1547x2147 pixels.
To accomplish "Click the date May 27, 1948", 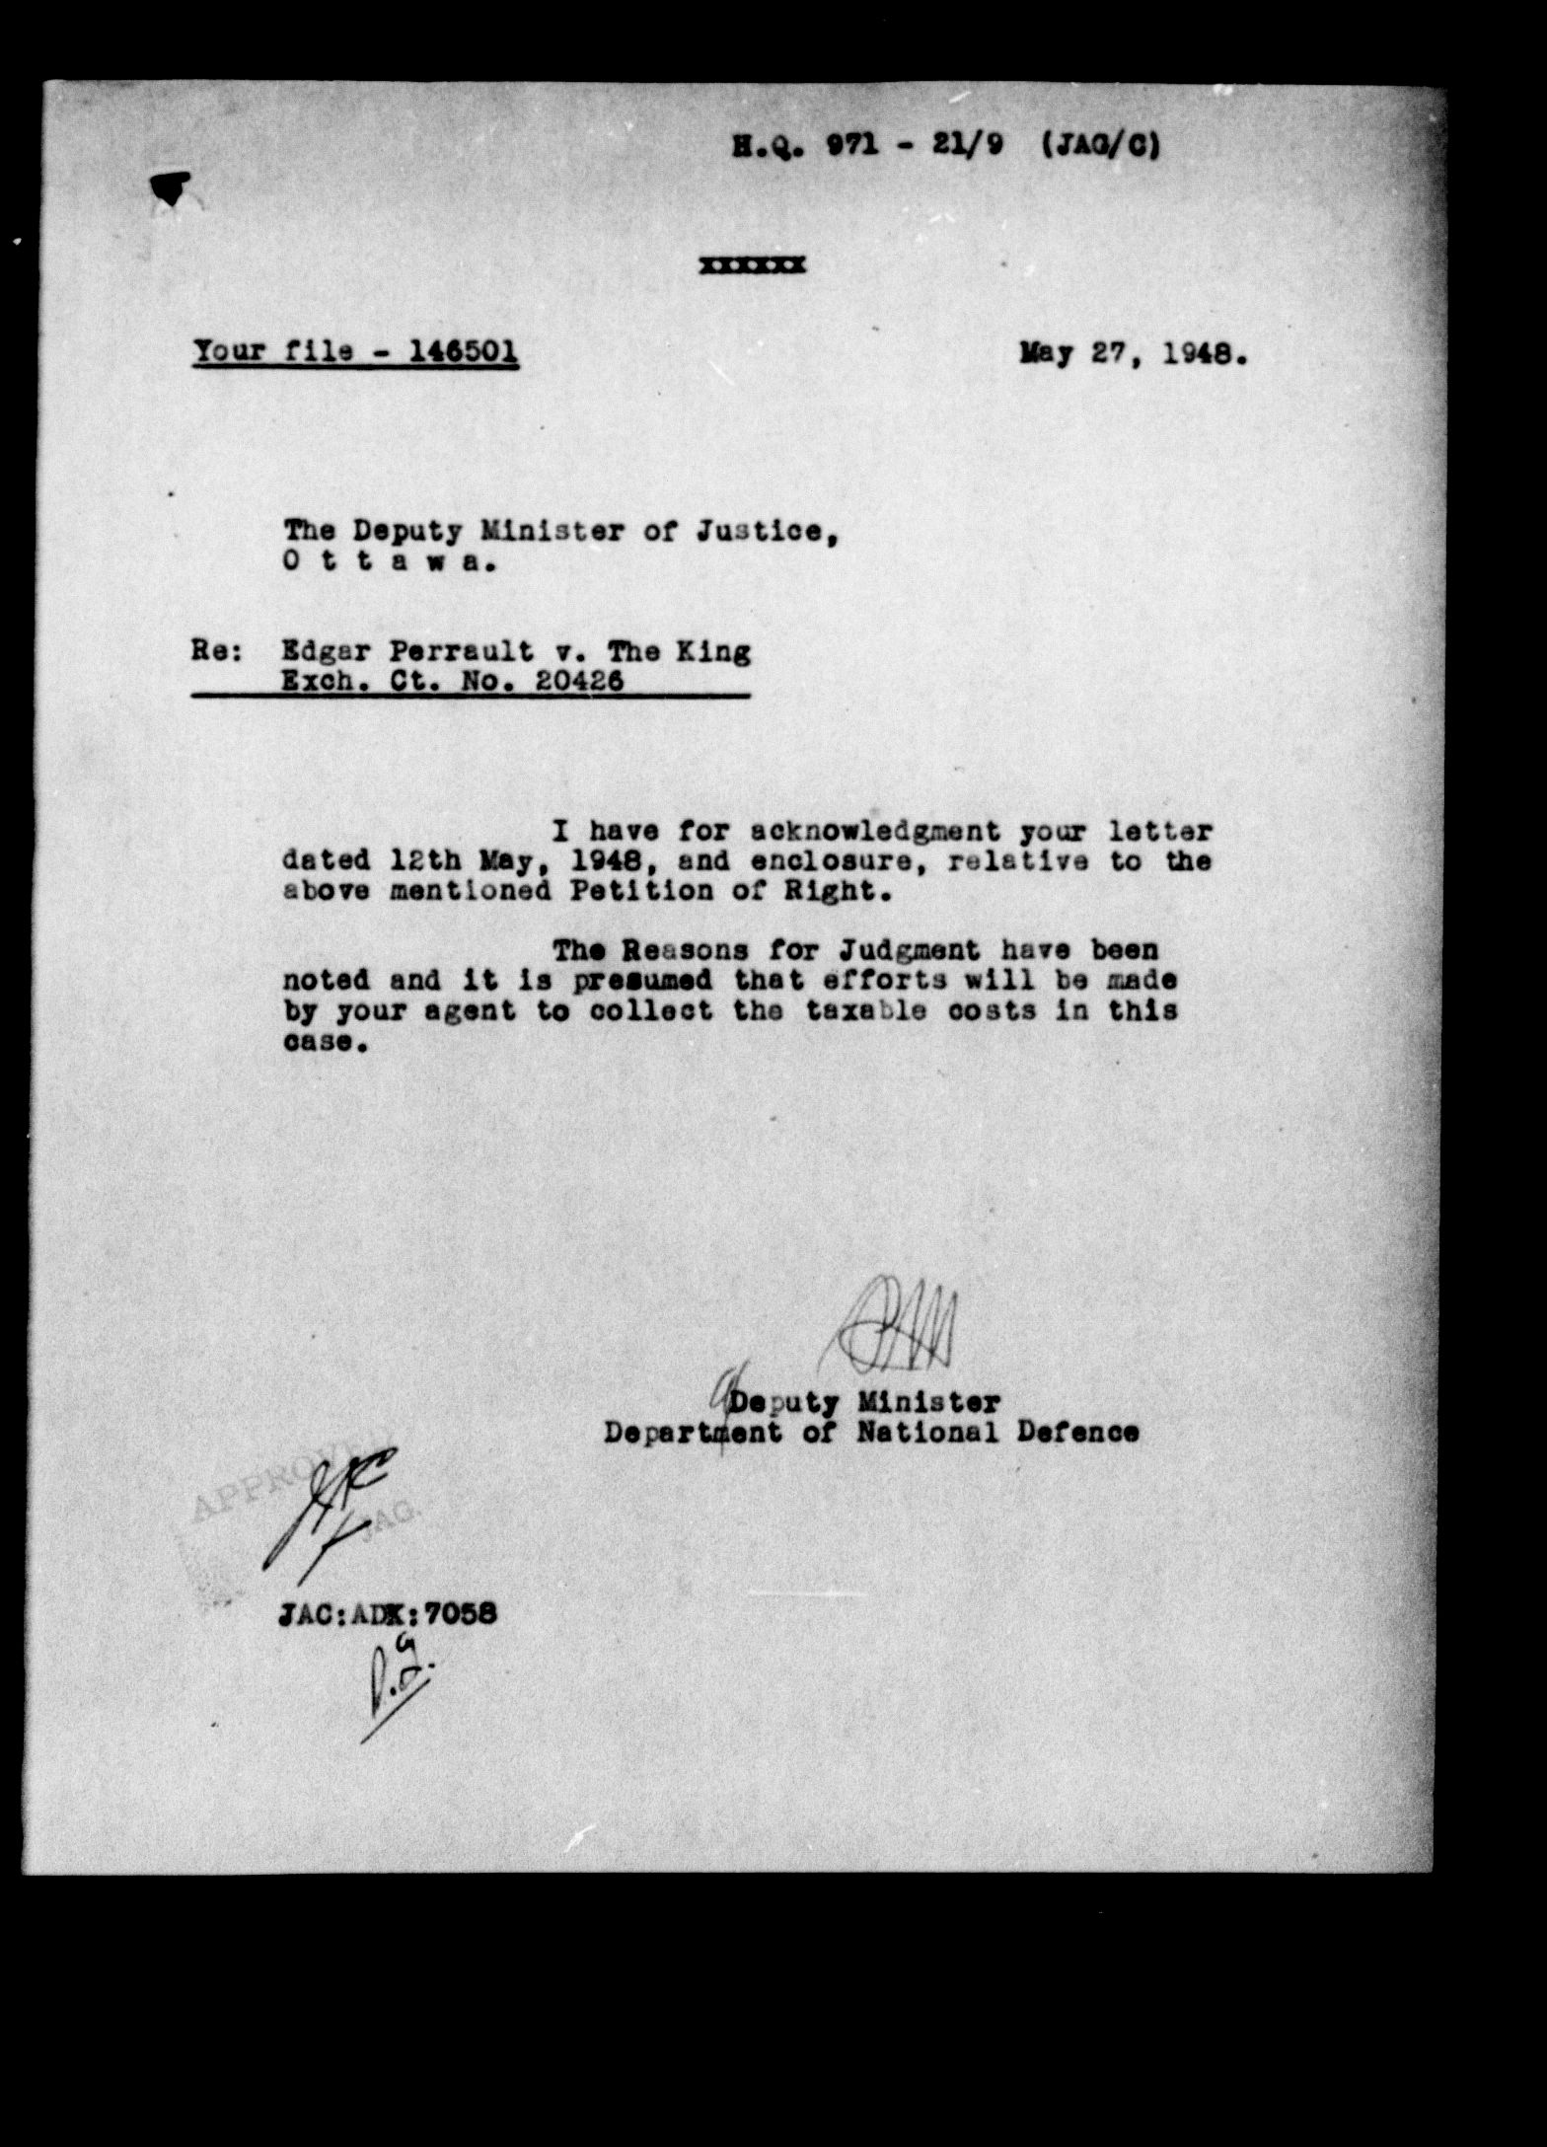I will tap(1134, 353).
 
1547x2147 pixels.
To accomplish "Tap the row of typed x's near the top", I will tap(752, 264).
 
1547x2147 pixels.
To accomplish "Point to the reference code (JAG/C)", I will tap(1101, 147).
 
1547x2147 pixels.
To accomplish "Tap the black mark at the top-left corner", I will tap(172, 187).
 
